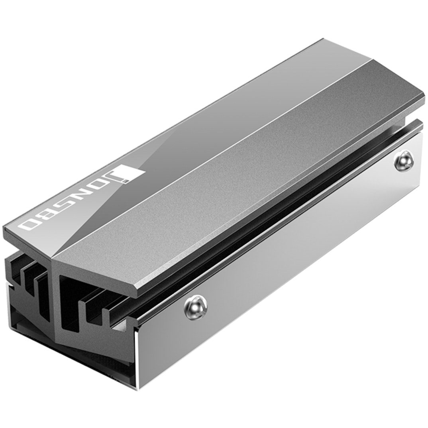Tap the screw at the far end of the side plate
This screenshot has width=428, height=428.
tap(404, 163)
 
